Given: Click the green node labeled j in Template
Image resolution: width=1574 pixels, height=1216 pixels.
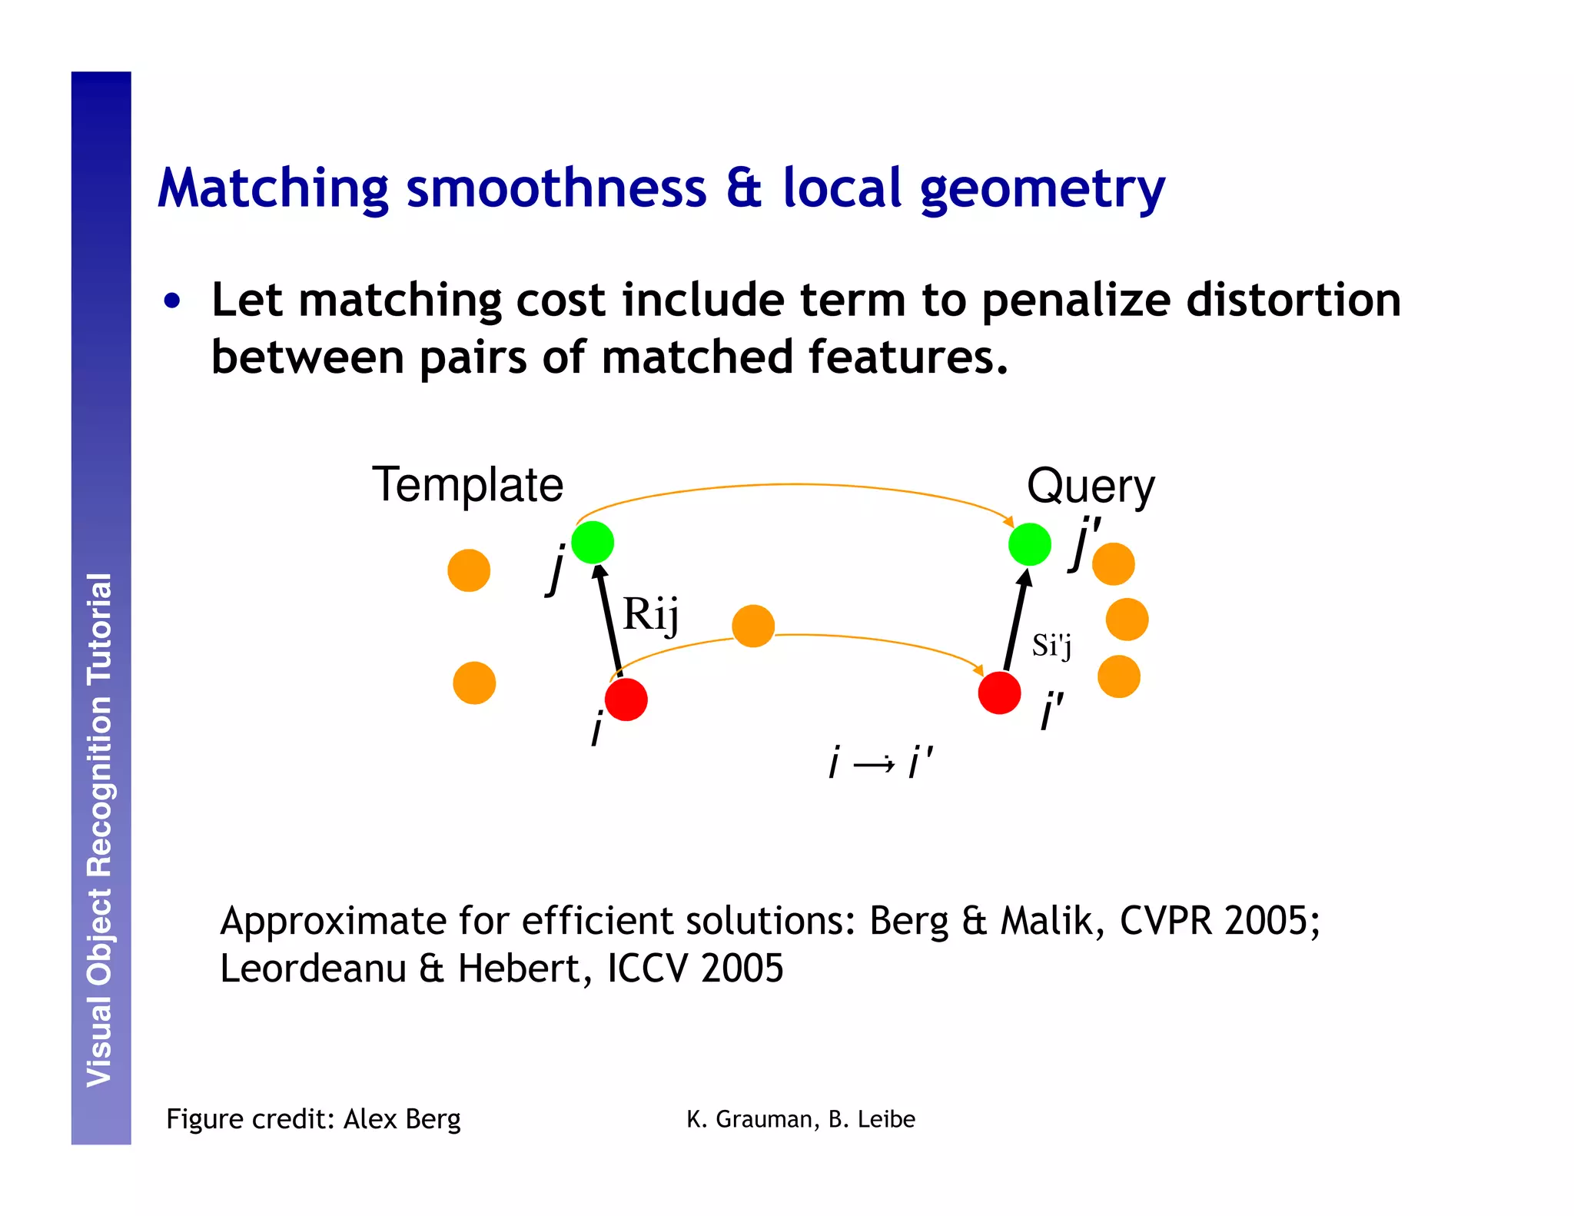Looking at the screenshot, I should tap(593, 543).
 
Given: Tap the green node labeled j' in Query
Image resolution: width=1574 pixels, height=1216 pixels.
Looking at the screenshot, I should tap(1029, 544).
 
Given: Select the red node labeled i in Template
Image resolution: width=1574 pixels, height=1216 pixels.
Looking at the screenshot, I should tap(626, 699).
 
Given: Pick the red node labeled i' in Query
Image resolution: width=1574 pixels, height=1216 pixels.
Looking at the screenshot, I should tap(999, 693).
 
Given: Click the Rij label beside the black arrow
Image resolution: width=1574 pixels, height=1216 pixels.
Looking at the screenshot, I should tap(650, 614).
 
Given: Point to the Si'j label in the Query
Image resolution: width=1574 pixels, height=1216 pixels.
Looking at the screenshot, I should tap(1051, 646).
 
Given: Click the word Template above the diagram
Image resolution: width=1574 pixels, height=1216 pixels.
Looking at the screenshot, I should tap(467, 485).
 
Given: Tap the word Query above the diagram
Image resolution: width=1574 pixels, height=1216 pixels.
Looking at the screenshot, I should tap(1090, 487).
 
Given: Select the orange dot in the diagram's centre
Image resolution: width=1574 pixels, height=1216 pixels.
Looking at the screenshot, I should tap(753, 626).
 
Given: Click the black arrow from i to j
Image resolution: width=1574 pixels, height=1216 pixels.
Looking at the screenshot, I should tap(610, 621).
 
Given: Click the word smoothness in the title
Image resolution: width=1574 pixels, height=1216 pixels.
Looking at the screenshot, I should tap(556, 188).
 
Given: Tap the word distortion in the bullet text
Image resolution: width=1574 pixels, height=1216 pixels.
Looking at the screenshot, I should tap(1293, 300).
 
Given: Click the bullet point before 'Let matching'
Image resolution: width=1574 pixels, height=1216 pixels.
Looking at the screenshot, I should tap(172, 301).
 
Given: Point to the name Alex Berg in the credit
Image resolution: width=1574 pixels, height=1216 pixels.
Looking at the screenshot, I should tap(402, 1119).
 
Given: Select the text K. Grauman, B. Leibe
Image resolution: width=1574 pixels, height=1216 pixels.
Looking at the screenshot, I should tap(801, 1119).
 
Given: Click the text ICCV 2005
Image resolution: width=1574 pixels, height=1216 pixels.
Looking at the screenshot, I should tap(695, 968).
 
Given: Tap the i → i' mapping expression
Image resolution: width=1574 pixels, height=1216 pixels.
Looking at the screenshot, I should tap(881, 763).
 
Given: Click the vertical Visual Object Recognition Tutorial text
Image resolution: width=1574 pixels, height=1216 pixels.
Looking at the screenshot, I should tap(100, 830).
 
